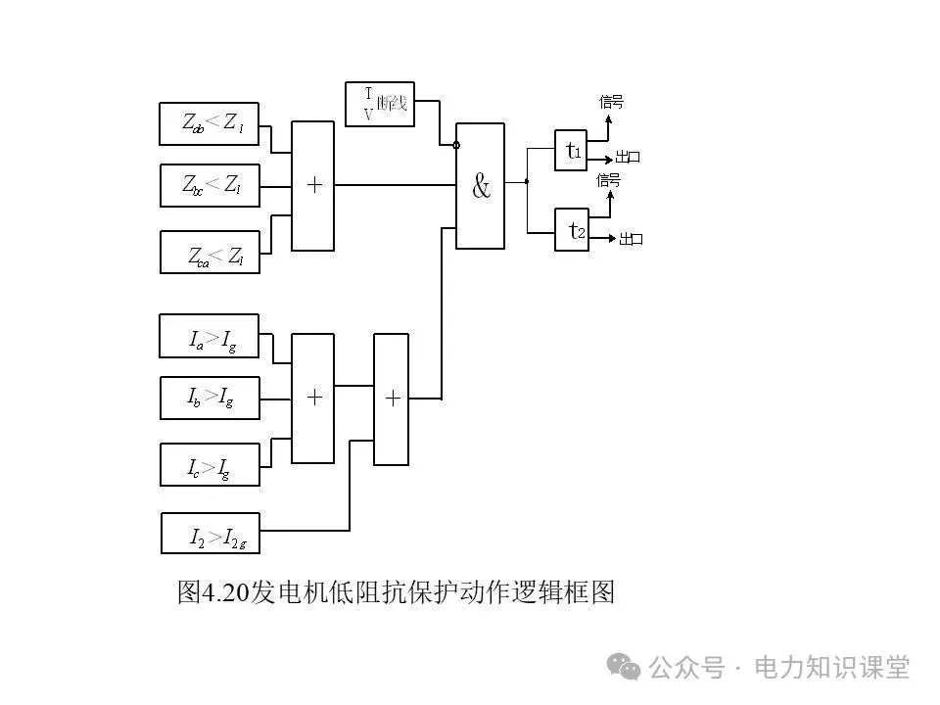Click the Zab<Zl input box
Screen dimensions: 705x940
210,122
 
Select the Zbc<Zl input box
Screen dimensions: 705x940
210,184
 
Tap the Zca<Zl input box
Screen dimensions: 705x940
210,252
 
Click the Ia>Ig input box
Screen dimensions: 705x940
210,336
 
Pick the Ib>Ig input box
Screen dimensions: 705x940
210,398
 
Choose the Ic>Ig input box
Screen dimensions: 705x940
210,463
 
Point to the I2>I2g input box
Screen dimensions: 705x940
210,533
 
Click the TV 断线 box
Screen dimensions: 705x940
380,105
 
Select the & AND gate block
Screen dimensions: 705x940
481,186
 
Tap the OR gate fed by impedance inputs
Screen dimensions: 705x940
313,185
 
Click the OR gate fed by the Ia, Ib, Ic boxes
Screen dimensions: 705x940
313,398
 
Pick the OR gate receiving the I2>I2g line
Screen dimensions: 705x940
392,399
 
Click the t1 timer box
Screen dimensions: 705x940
571,151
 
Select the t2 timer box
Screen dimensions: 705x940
571,230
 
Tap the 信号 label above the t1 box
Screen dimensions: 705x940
611,102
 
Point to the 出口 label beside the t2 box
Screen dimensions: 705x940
631,239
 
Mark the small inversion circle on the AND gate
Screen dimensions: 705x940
456,145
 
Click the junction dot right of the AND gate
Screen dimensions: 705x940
527,181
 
